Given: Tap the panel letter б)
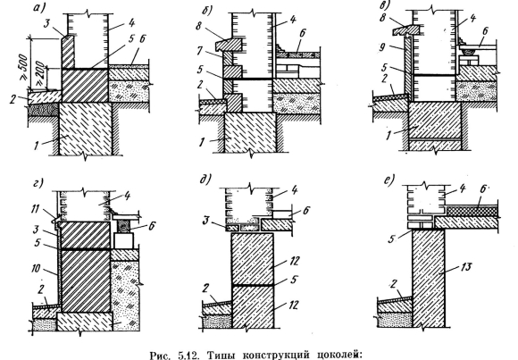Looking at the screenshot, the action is tap(208, 11).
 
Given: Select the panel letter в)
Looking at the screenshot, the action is tap(386, 5).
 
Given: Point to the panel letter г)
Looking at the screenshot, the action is tap(38, 183).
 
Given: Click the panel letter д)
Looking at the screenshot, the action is tap(205, 180).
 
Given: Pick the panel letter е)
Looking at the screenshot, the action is tap(389, 181).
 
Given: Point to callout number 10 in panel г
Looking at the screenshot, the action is tap(37, 268).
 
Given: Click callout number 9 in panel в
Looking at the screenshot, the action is tap(383, 47).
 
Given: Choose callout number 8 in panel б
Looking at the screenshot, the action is tap(198, 26).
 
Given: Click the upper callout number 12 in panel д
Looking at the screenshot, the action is tap(293, 261).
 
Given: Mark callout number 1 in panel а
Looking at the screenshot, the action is tap(37, 145).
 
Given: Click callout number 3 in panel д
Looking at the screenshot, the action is tap(205, 221).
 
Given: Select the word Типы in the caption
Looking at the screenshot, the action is tap(221, 356).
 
